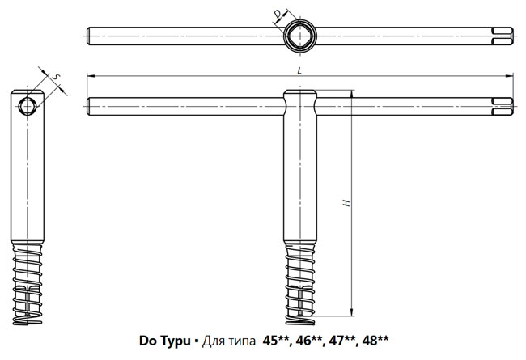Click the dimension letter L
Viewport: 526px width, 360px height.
(299, 70)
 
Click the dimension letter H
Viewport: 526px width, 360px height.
(346, 203)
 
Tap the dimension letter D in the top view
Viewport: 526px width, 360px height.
(277, 14)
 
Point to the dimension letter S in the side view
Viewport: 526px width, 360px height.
(57, 77)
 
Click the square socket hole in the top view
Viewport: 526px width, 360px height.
(300, 36)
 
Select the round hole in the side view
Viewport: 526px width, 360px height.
(28, 107)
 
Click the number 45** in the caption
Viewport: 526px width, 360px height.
(275, 341)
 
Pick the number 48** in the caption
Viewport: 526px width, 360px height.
(375, 341)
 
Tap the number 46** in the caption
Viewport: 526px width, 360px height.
(308, 341)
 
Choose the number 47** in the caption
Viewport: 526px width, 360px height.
(341, 341)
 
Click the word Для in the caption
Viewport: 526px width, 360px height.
(213, 341)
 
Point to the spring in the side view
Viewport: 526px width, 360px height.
(28, 285)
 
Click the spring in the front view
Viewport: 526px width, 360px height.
(300, 285)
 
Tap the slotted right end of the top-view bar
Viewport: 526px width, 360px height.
(503, 36)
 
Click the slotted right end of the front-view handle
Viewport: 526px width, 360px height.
(503, 106)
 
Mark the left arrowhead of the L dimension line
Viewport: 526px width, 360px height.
(90, 76)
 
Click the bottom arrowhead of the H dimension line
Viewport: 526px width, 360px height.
(351, 312)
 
